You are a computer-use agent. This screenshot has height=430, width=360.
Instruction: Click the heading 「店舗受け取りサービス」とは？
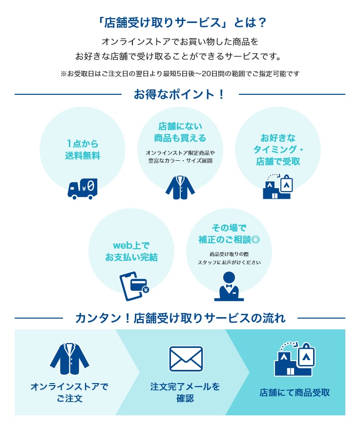(180, 23)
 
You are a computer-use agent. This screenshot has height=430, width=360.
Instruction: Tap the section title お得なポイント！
(180, 94)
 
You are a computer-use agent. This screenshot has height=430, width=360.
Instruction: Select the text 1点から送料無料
(83, 150)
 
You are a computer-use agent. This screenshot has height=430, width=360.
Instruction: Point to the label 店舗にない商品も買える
(180, 132)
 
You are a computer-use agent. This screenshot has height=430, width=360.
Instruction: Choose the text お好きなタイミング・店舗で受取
(278, 150)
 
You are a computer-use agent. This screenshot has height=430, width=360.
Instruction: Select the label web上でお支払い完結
(131, 251)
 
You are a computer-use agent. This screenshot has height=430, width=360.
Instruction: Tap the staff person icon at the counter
(229, 286)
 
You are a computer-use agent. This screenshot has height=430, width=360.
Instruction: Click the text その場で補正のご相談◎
(229, 233)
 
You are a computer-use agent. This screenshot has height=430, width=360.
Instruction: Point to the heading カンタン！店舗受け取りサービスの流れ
(180, 319)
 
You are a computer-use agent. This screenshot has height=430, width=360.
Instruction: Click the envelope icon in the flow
(186, 359)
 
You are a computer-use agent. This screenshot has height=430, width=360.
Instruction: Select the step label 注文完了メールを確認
(185, 392)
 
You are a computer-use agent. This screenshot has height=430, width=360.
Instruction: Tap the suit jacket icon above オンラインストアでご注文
(69, 359)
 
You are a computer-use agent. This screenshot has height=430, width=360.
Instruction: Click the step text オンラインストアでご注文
(69, 392)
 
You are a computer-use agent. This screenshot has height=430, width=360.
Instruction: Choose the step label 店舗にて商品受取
(295, 392)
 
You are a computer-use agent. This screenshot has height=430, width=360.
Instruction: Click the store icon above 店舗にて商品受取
(294, 359)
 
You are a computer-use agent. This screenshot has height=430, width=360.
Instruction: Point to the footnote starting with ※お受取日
(180, 74)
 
